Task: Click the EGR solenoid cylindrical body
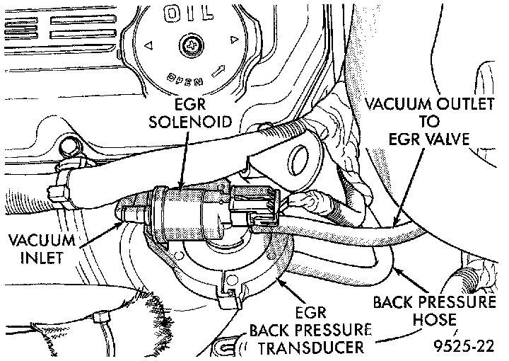tap(187, 209)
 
